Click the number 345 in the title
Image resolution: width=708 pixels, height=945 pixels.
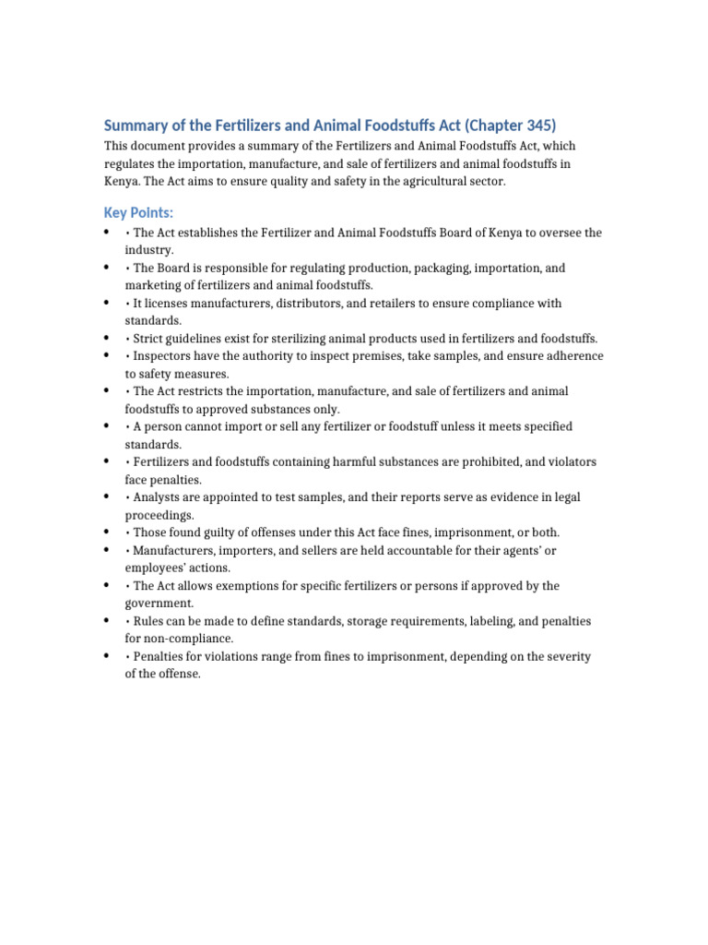coord(536,126)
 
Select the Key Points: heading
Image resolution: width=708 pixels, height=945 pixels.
coord(137,213)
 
